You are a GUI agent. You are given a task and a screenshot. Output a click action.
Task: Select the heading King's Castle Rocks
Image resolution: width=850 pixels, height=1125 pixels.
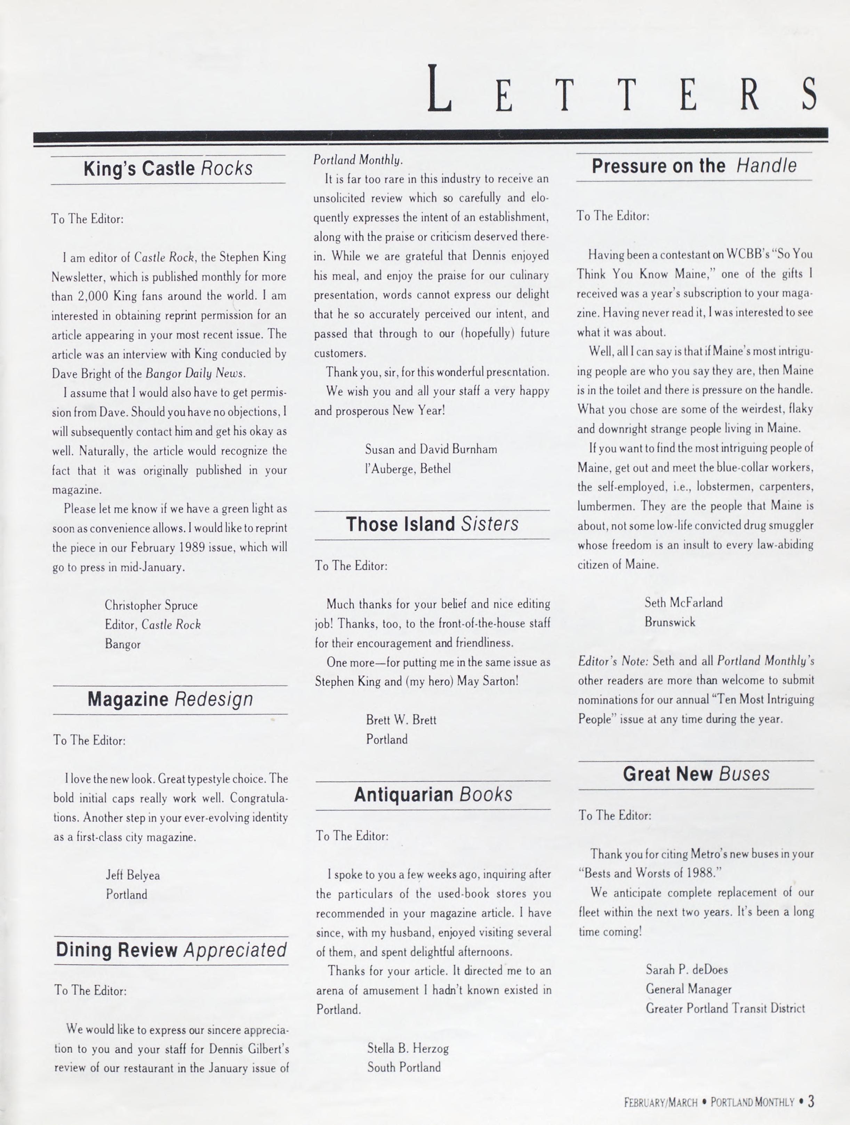tap(168, 168)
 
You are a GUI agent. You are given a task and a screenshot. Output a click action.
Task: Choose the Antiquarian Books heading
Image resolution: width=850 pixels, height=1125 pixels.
tap(433, 794)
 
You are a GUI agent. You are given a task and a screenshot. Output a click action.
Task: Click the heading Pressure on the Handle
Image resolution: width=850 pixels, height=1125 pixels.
tap(694, 166)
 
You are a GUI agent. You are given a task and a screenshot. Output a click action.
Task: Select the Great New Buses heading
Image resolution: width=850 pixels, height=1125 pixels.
tap(696, 774)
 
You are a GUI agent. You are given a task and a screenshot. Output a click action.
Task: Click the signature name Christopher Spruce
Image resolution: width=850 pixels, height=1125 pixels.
tap(151, 605)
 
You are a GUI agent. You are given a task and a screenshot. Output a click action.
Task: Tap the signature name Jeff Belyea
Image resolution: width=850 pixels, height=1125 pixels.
tap(133, 875)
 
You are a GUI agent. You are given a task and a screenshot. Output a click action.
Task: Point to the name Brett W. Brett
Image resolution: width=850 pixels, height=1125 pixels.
tap(401, 720)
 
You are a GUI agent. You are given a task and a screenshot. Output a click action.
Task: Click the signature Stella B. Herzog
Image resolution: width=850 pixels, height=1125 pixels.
tap(408, 1048)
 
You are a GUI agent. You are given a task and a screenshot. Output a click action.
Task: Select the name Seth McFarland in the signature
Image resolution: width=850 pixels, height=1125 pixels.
tap(683, 603)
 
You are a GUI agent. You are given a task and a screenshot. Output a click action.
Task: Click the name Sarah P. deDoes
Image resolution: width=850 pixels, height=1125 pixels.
tap(686, 969)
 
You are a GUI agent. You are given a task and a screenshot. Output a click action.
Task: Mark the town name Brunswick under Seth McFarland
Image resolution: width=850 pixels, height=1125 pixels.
tap(669, 622)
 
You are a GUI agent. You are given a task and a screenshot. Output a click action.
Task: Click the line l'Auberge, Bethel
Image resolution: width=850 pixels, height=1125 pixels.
tap(408, 468)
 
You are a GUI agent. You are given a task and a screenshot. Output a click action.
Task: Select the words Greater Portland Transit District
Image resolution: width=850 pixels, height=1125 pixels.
tap(725, 1008)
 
